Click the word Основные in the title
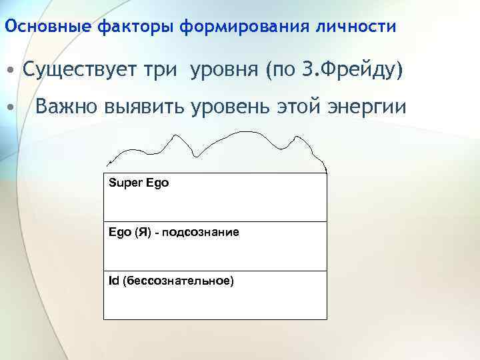coord(49,27)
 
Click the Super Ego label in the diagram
coord(139,183)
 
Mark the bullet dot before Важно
coord(11,107)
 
